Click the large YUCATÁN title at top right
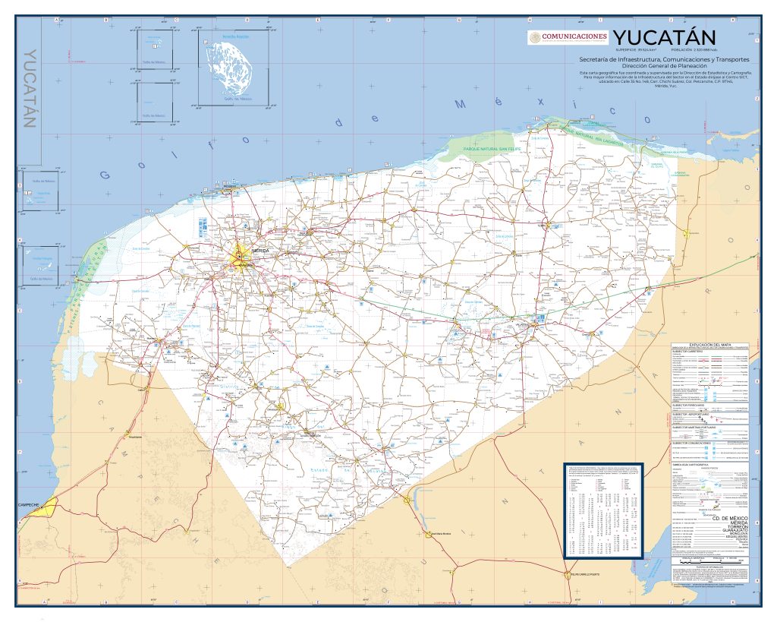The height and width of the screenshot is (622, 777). pyautogui.click(x=664, y=37)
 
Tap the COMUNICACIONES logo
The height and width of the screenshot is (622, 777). pyautogui.click(x=568, y=37)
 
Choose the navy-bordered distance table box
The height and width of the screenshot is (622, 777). pyautogui.click(x=603, y=510)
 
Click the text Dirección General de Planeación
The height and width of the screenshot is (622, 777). pyautogui.click(x=664, y=66)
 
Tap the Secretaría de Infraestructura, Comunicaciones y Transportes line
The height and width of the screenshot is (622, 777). pyautogui.click(x=664, y=58)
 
